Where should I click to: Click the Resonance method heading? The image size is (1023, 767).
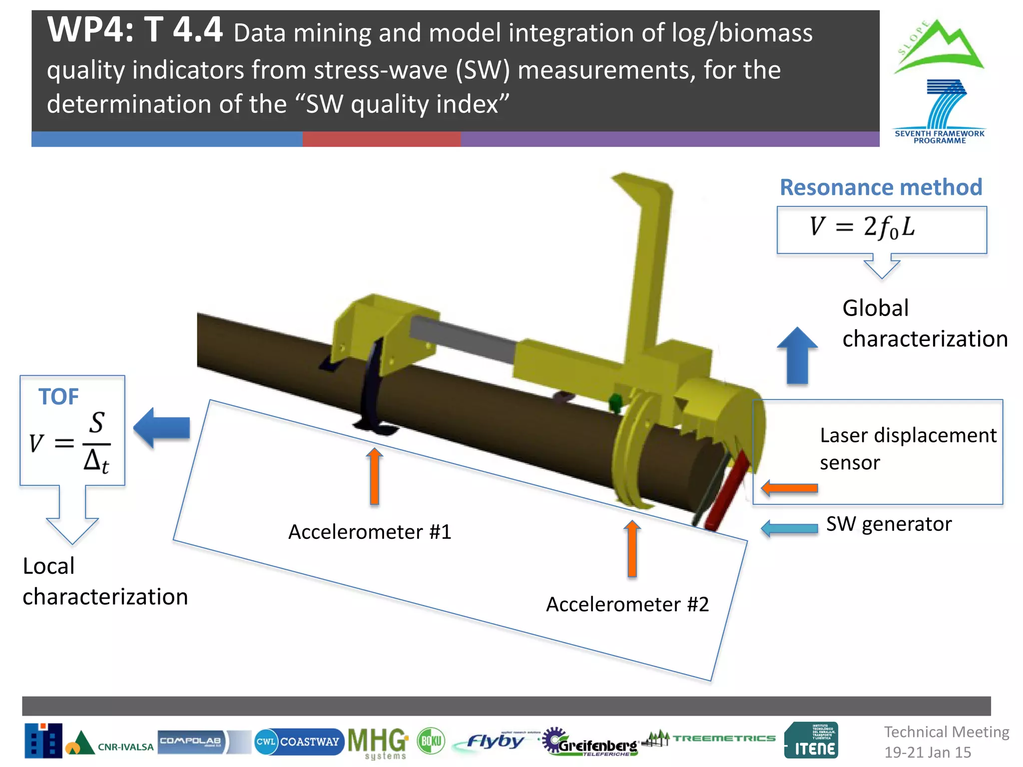(x=881, y=188)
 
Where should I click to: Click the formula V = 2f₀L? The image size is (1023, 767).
(x=862, y=227)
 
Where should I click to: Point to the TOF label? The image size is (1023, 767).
(x=58, y=397)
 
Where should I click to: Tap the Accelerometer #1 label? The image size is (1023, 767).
(x=370, y=532)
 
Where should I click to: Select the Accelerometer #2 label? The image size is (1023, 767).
(x=627, y=604)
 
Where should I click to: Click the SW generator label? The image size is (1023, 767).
(x=889, y=524)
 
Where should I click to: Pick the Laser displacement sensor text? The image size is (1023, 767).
(x=908, y=448)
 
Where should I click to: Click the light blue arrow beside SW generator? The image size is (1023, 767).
(x=789, y=528)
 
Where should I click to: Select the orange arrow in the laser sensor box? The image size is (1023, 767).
(x=789, y=488)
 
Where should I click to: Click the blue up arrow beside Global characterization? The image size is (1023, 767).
(x=797, y=356)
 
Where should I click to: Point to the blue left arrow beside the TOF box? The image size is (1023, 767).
(x=162, y=427)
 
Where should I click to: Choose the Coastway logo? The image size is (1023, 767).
(x=299, y=742)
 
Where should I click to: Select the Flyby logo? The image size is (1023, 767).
(x=495, y=741)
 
